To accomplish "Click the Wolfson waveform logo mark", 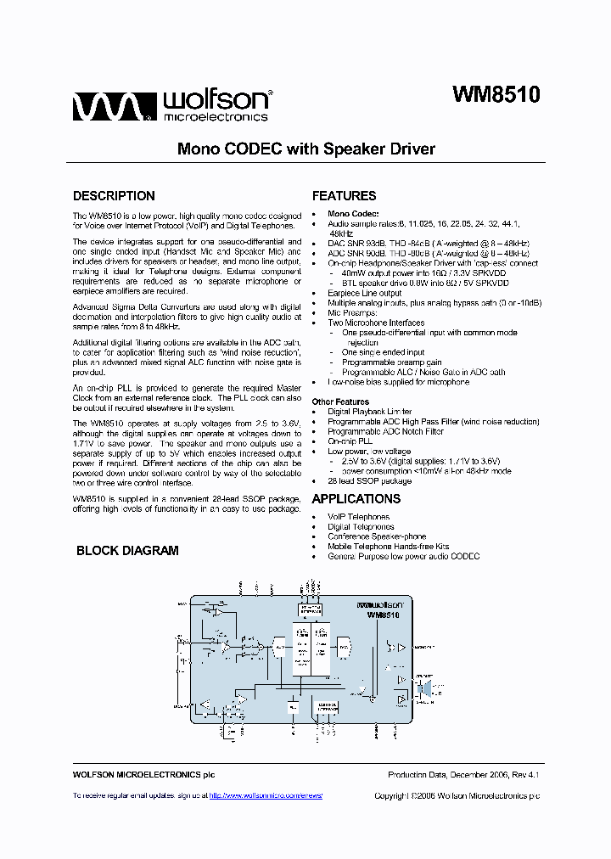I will (111, 108).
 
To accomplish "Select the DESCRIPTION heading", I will (114, 196).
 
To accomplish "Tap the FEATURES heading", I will (344, 196).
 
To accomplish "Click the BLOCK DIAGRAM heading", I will (127, 551).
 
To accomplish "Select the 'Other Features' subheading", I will (340, 401).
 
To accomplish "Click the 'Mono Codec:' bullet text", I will (353, 214).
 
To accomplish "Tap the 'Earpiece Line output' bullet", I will (365, 294).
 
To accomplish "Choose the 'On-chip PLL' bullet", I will (350, 441).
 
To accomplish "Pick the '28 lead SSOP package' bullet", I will (369, 481).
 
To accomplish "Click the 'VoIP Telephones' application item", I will (358, 517).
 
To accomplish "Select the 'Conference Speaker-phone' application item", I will (377, 536).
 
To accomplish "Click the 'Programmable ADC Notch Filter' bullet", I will (385, 431).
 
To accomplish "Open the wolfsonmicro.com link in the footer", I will (266, 795).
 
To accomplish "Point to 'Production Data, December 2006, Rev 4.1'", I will (463, 775).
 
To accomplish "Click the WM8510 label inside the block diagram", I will (383, 615).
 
